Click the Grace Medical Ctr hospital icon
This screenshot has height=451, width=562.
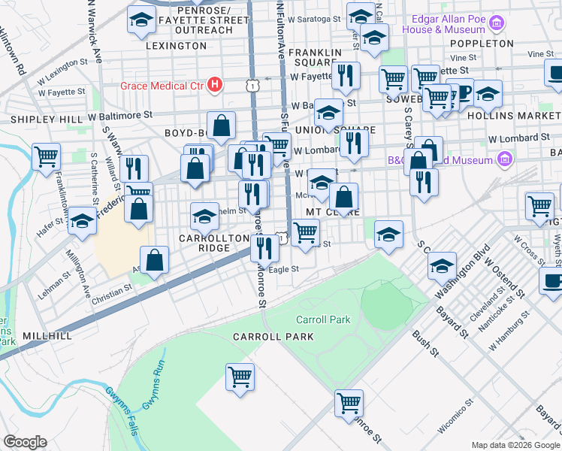pyautogui.click(x=215, y=84)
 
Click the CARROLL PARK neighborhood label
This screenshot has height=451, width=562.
pyautogui.click(x=273, y=337)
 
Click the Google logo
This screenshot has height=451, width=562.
pyautogui.click(x=25, y=442)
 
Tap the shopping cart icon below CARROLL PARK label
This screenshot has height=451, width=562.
pyautogui.click(x=240, y=377)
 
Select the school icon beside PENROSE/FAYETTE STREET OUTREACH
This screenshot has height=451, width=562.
pyautogui.click(x=140, y=22)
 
